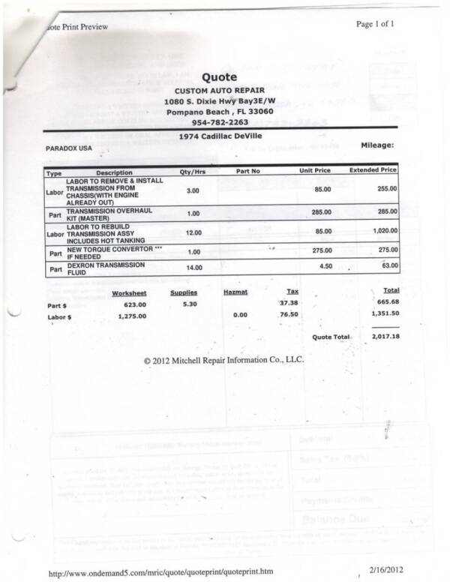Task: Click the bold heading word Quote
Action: [219, 76]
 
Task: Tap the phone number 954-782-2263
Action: [219, 122]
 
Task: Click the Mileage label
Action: [377, 145]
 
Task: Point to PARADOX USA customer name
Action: [69, 148]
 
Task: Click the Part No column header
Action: [247, 172]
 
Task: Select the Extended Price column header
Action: [373, 171]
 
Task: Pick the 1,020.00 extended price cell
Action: [383, 232]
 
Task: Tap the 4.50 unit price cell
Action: [321, 266]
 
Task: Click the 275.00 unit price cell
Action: [321, 250]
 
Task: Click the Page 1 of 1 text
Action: [375, 24]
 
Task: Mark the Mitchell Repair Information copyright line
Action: [223, 359]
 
